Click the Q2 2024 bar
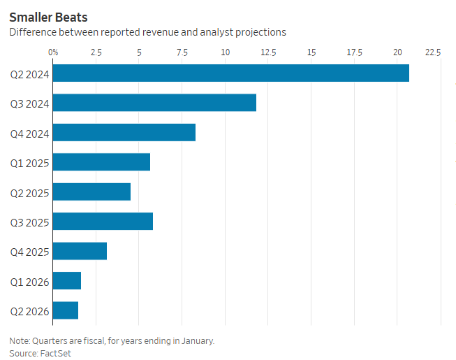click(230, 73)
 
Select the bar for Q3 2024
click(154, 102)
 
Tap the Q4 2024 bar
click(124, 132)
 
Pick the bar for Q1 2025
click(101, 161)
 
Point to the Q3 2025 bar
click(103, 221)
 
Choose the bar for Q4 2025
click(80, 251)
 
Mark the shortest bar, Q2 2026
click(66, 310)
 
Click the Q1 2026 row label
click(28, 281)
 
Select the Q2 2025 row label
click(28, 192)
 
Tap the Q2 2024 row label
click(28, 73)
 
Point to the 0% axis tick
click(53, 52)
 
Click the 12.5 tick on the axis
click(268, 52)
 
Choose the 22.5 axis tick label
click(433, 52)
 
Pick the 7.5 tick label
click(182, 52)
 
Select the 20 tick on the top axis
click(397, 52)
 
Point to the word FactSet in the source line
click(56, 353)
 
